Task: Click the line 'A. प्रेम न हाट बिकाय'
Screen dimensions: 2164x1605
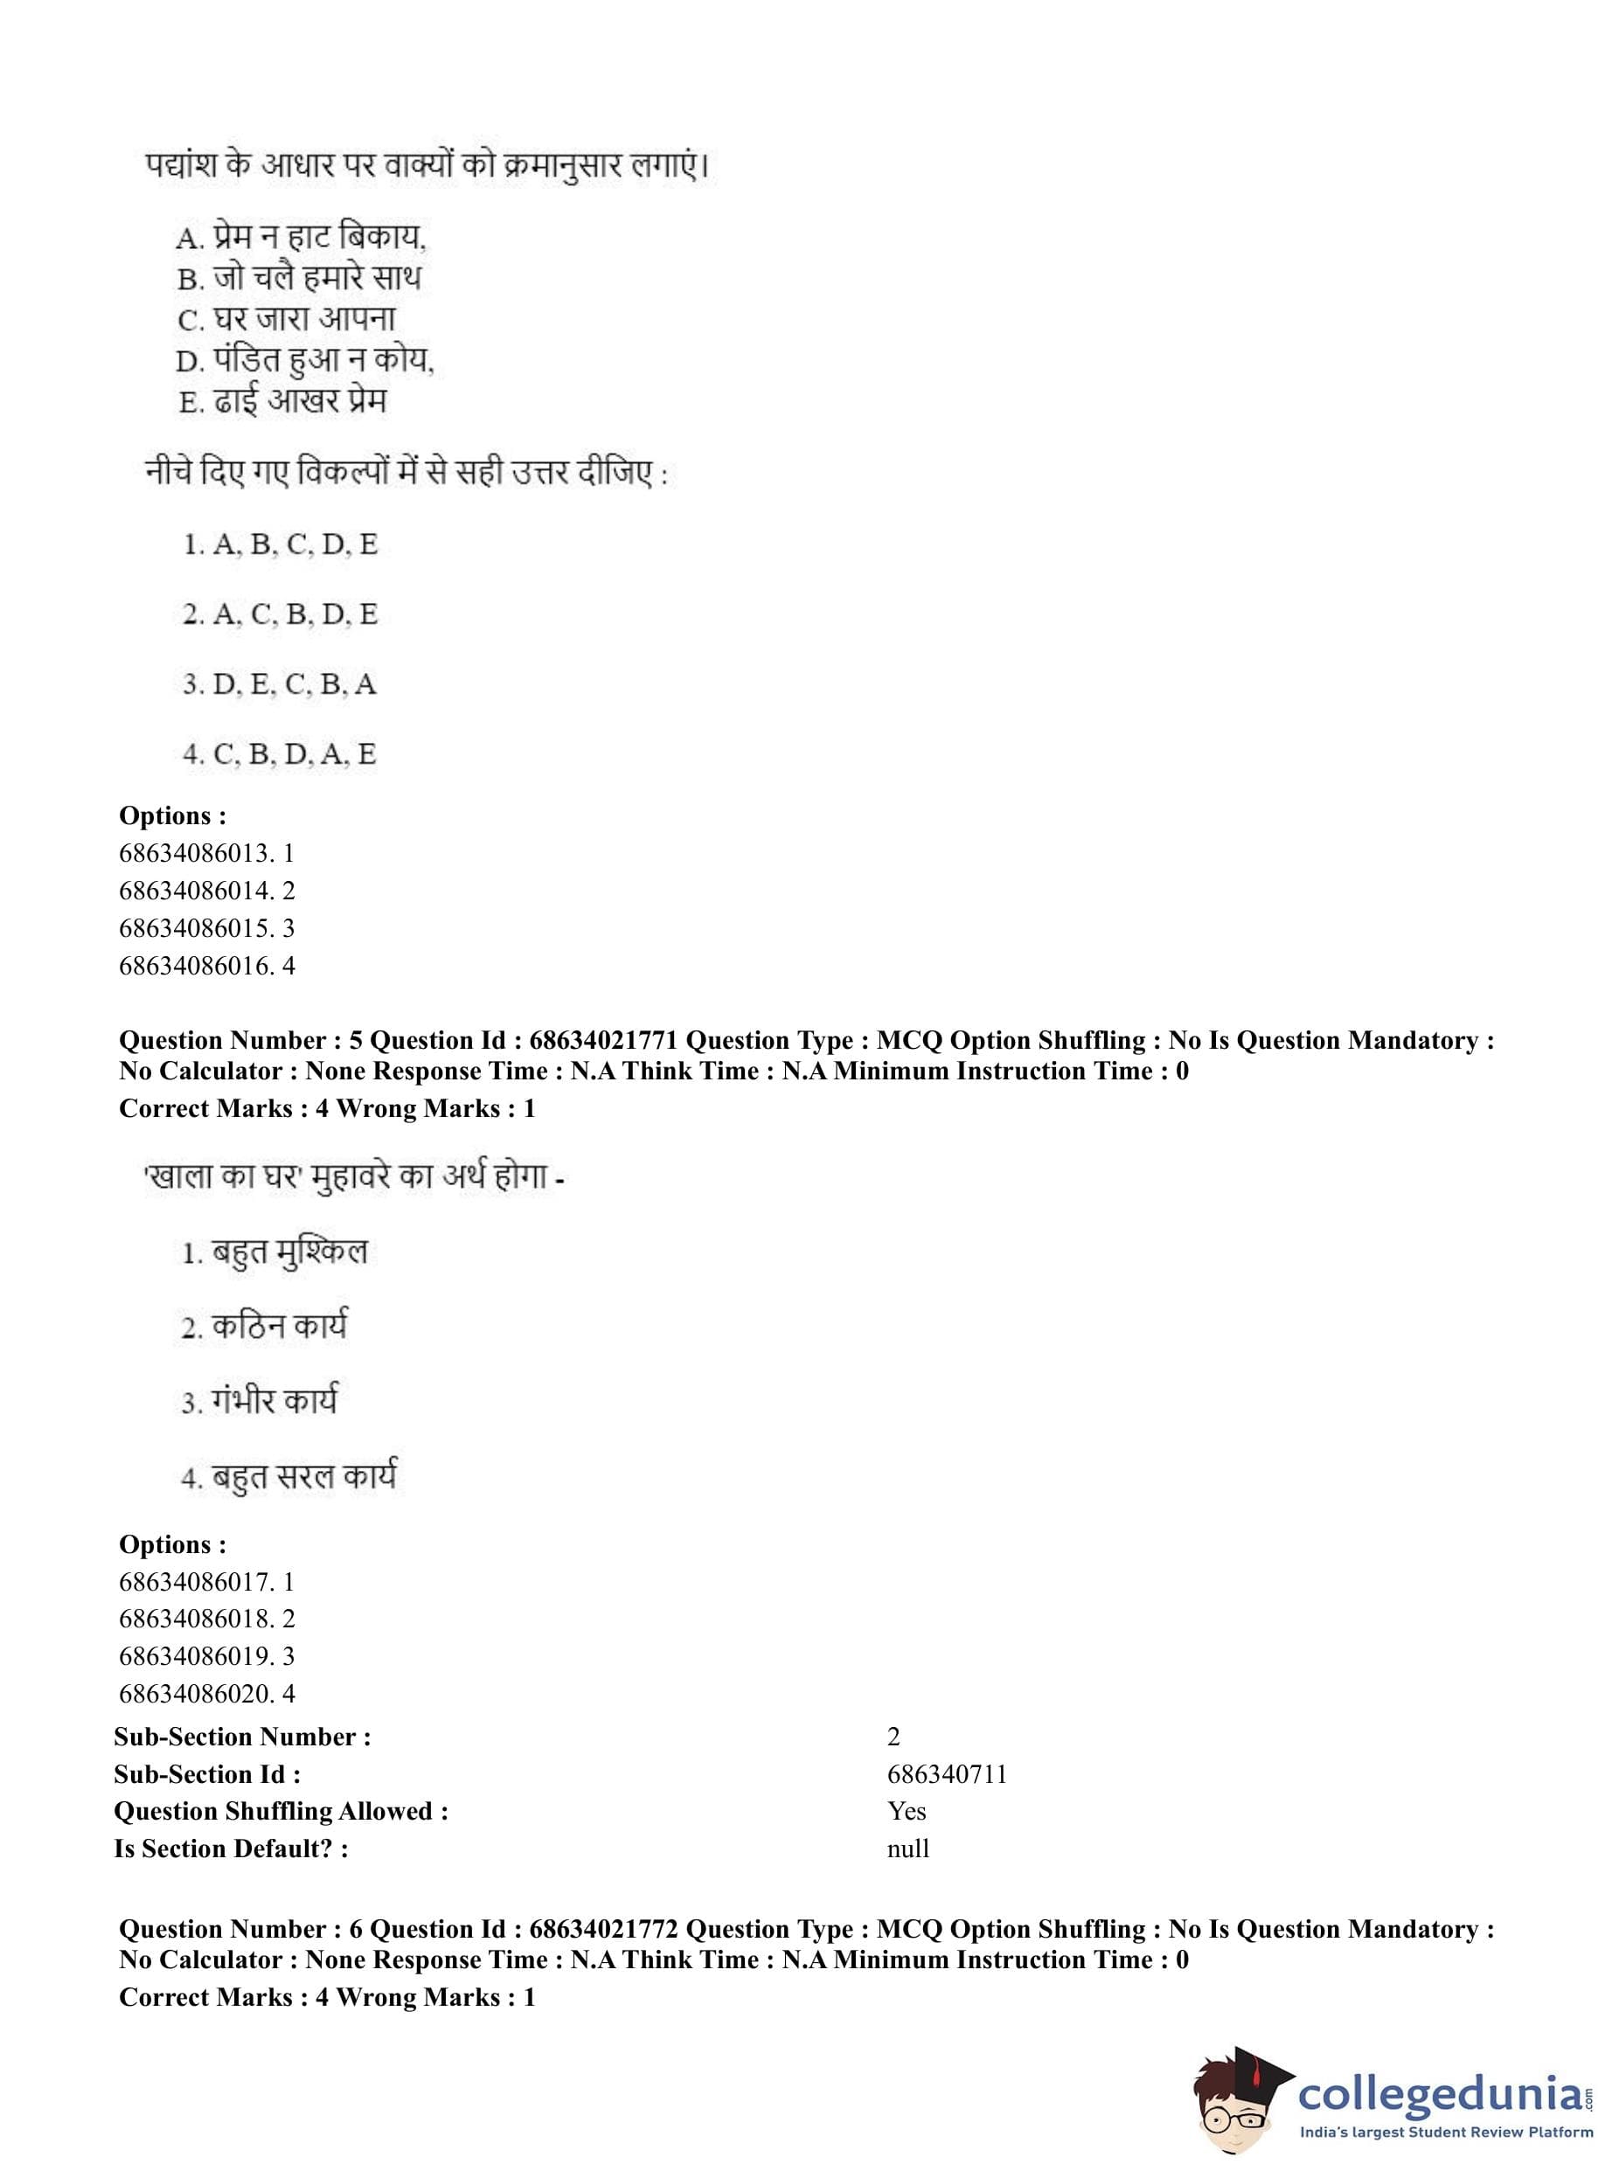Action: pos(302,237)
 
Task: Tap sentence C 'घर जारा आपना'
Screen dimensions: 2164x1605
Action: pos(287,320)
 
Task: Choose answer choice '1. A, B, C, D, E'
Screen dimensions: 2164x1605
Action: pos(280,544)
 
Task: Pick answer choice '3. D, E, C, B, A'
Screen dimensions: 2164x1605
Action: pos(280,684)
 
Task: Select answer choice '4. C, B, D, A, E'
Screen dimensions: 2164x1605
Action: pos(280,754)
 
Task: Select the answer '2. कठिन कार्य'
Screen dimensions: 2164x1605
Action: pos(264,1327)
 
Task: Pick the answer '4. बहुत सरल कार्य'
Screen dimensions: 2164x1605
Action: pos(288,1477)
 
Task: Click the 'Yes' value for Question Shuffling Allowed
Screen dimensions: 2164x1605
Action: pos(907,1812)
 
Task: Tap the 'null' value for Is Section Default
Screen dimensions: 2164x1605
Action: pos(907,1848)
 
